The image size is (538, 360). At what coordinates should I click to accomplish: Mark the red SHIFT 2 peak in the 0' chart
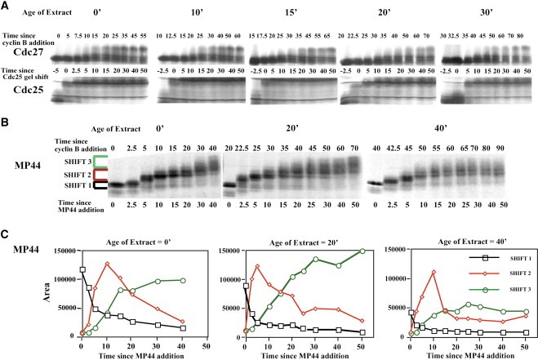click(x=106, y=264)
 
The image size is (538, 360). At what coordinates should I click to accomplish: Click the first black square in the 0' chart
click(x=82, y=269)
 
